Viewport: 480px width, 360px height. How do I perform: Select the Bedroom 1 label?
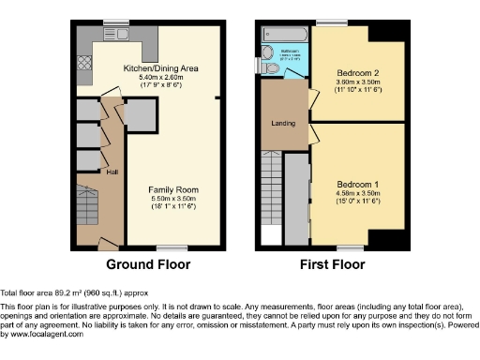click(x=357, y=184)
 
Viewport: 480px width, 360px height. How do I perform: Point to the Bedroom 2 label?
click(x=355, y=72)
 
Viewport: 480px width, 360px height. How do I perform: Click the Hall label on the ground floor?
click(x=111, y=172)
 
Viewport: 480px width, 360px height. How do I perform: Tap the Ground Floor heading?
click(x=148, y=264)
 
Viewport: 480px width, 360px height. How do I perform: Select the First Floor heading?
click(x=332, y=264)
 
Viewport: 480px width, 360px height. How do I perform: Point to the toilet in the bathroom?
click(x=270, y=67)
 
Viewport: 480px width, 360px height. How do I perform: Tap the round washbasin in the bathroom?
click(x=266, y=52)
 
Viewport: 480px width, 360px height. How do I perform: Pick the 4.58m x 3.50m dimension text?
click(x=357, y=194)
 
